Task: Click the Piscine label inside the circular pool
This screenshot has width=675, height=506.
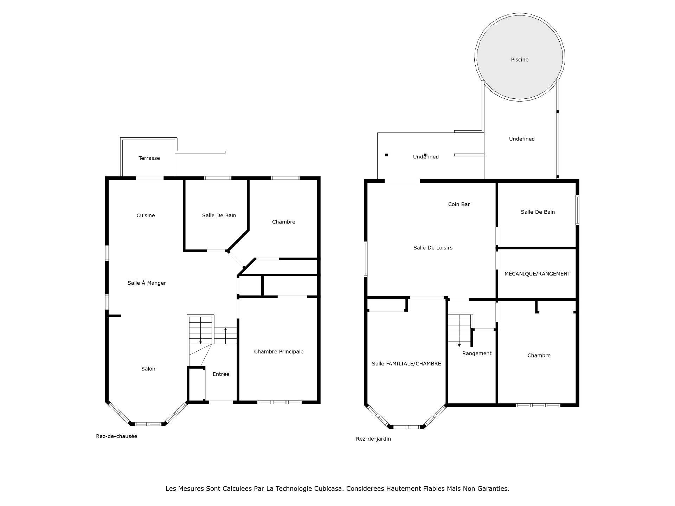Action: click(520, 60)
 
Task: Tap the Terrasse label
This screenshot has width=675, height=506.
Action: click(149, 158)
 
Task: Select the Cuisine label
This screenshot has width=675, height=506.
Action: click(146, 215)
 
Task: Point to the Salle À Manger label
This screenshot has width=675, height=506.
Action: click(147, 283)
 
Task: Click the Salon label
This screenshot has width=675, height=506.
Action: click(148, 369)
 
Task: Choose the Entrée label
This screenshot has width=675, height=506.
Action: click(221, 374)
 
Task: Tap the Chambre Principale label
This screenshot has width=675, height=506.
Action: click(279, 351)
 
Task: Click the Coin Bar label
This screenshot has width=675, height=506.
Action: click(459, 204)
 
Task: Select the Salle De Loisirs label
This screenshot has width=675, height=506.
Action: click(433, 248)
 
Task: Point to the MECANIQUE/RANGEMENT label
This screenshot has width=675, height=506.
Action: click(537, 274)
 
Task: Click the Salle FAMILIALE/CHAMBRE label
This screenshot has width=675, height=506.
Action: click(406, 364)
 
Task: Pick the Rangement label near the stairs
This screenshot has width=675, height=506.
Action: click(477, 353)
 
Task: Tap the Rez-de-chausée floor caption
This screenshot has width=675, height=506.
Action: click(116, 436)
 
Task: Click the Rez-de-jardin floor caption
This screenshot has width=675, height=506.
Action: click(373, 439)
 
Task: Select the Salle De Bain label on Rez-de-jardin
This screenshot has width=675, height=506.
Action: click(538, 212)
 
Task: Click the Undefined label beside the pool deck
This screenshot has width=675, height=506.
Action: click(522, 139)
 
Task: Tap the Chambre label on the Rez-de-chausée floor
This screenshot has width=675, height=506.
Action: click(283, 222)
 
